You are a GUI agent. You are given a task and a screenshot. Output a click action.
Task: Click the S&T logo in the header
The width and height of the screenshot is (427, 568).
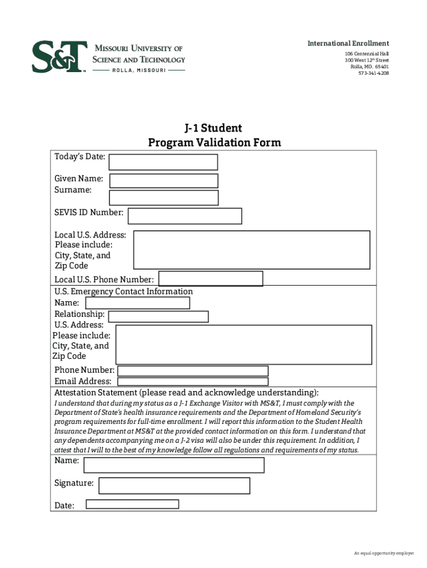(59, 57)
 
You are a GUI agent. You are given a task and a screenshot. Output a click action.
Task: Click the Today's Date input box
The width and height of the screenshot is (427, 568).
(163, 162)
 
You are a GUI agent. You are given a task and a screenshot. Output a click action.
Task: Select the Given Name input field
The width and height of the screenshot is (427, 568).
(164, 181)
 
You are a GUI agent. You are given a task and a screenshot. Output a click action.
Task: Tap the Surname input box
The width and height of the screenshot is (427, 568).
(164, 197)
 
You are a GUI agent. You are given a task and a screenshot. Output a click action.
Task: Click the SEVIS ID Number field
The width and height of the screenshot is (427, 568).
(185, 216)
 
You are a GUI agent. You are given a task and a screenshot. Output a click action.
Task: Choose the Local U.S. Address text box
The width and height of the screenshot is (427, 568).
(252, 249)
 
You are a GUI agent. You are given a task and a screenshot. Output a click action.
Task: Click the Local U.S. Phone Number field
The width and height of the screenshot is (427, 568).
(211, 278)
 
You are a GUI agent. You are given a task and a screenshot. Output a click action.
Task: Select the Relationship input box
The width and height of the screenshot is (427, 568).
(158, 317)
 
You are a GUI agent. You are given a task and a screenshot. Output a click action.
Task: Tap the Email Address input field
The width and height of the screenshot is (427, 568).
(193, 382)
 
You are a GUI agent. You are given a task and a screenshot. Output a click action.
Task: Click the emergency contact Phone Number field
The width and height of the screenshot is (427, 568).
(193, 371)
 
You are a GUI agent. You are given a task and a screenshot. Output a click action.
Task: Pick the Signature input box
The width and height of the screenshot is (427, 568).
(174, 485)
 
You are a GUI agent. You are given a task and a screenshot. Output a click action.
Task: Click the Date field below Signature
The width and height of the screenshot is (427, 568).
(132, 504)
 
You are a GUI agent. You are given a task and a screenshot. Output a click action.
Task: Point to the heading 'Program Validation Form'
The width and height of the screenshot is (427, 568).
(214, 143)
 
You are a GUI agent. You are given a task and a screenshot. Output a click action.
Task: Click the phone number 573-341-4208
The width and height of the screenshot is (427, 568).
(373, 73)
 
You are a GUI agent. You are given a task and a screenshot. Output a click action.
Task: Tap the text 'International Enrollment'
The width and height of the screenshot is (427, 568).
(349, 43)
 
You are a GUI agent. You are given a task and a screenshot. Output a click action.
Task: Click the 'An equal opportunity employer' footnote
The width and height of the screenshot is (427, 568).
(384, 553)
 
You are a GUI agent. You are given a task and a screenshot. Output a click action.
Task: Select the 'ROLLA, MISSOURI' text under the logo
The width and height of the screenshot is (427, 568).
(139, 71)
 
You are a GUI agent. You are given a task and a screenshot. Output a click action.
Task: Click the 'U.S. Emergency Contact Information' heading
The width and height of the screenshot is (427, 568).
(124, 291)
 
